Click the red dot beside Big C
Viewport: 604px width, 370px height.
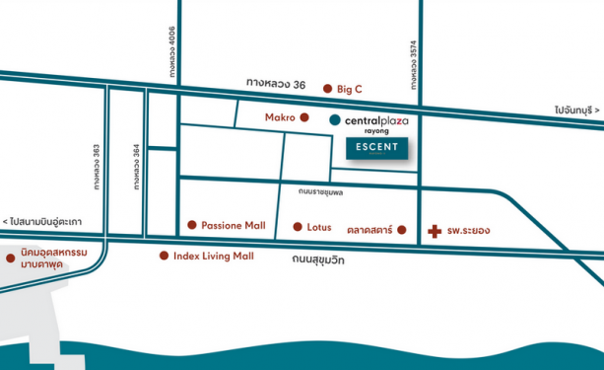coord(327,89)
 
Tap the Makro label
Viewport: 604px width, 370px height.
coord(280,117)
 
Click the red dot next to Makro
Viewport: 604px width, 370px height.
coord(304,118)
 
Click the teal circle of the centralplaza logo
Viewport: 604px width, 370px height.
coord(335,119)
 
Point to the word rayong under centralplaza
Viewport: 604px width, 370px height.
coord(377,131)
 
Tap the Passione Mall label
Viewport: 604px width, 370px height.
coord(233,225)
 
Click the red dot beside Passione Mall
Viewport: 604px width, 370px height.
coord(191,225)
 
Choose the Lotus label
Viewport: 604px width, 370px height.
coord(318,227)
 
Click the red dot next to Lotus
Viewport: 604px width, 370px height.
coord(297,227)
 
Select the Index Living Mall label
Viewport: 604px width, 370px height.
coord(213,257)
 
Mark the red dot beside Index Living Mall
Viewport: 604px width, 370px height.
coord(164,257)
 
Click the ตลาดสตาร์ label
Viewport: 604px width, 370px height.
coord(369,230)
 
